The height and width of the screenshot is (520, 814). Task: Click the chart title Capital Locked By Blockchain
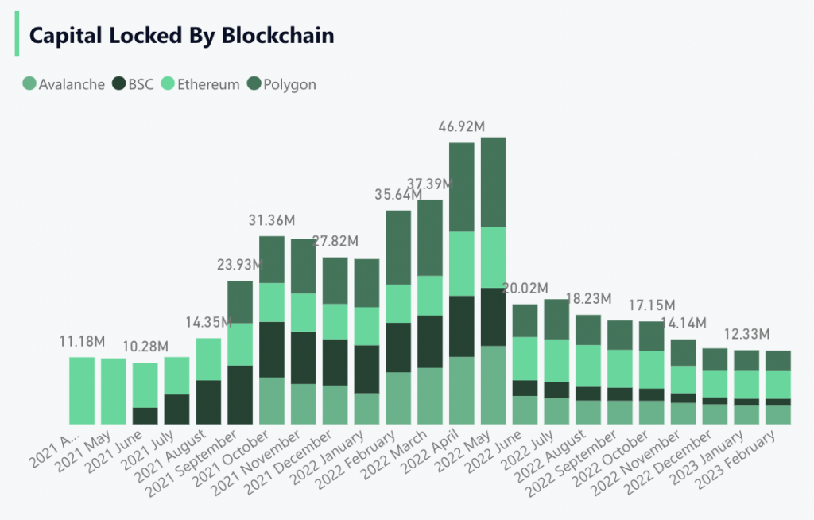pos(181,36)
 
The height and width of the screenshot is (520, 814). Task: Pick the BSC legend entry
pos(133,84)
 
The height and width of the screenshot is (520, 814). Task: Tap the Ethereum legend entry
pos(200,84)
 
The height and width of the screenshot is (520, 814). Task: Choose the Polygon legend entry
pos(281,84)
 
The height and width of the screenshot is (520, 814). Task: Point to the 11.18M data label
pos(82,342)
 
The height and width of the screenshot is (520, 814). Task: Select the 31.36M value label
pos(271,220)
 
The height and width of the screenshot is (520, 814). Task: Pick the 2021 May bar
pos(114,391)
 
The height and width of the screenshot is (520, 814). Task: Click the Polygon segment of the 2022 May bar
pos(494,182)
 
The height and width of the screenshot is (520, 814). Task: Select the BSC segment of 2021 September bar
pos(240,394)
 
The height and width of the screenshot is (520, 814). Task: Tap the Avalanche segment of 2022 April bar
pos(462,390)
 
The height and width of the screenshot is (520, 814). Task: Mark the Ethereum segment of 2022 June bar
pos(525,359)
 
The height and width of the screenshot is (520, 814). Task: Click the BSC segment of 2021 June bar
pos(145,416)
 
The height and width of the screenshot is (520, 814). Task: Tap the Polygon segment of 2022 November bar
pos(683,352)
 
